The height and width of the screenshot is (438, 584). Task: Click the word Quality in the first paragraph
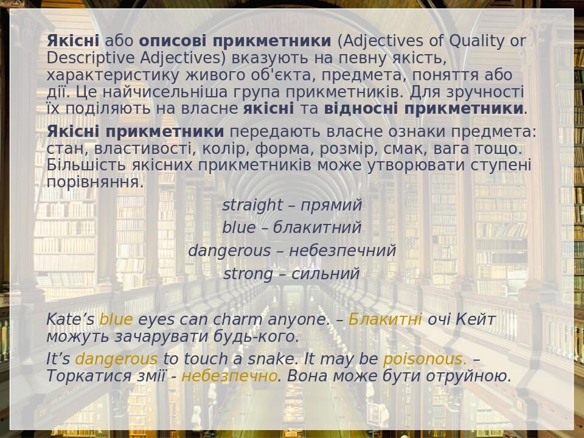[x=476, y=41]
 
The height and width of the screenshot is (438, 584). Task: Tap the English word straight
[x=252, y=205]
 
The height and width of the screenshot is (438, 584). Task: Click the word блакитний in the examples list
[x=317, y=228]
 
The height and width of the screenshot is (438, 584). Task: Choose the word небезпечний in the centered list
[x=342, y=251]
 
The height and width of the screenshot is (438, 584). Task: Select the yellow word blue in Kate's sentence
[x=116, y=319]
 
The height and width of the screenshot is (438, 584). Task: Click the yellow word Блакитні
[x=385, y=319]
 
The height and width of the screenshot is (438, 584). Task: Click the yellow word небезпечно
[x=229, y=376]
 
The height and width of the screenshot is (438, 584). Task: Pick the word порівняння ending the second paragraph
[x=95, y=182]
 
